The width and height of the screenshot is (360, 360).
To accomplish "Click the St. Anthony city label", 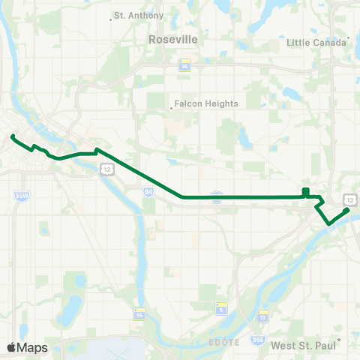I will pyautogui.click(x=132, y=14).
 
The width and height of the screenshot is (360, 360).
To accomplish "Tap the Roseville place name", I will pyautogui.click(x=172, y=38).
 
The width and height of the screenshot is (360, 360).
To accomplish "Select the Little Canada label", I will pyautogui.click(x=315, y=43).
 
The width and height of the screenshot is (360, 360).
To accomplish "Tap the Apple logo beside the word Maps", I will pyautogui.click(x=11, y=347).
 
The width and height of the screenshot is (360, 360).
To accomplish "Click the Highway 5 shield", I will pyautogui.click(x=220, y=309).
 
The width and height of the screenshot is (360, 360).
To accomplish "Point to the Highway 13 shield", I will pyautogui.click(x=262, y=315).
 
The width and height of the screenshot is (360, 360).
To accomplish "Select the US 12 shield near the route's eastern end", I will pyautogui.click(x=349, y=199).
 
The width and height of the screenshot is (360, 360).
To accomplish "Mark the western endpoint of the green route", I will pyautogui.click(x=13, y=136).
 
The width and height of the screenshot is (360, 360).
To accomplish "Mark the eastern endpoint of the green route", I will pyautogui.click(x=347, y=210).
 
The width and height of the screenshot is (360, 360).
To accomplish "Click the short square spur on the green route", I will pyautogui.click(x=305, y=192).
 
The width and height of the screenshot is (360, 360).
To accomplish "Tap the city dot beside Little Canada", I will pyautogui.click(x=349, y=37).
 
